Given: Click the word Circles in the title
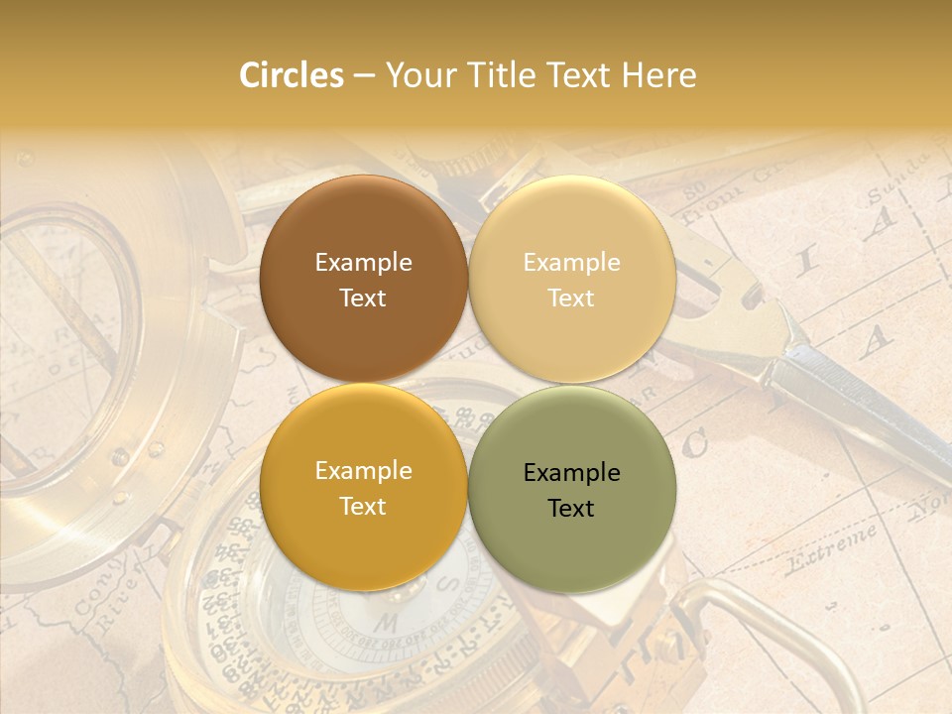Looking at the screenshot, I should (x=291, y=75).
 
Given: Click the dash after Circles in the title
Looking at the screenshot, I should (x=364, y=76).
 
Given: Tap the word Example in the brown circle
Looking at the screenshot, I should (x=364, y=262).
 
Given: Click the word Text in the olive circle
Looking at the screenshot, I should (x=571, y=508).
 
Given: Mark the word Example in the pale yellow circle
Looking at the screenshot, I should (x=572, y=262).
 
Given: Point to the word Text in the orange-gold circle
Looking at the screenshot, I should (x=364, y=506).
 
